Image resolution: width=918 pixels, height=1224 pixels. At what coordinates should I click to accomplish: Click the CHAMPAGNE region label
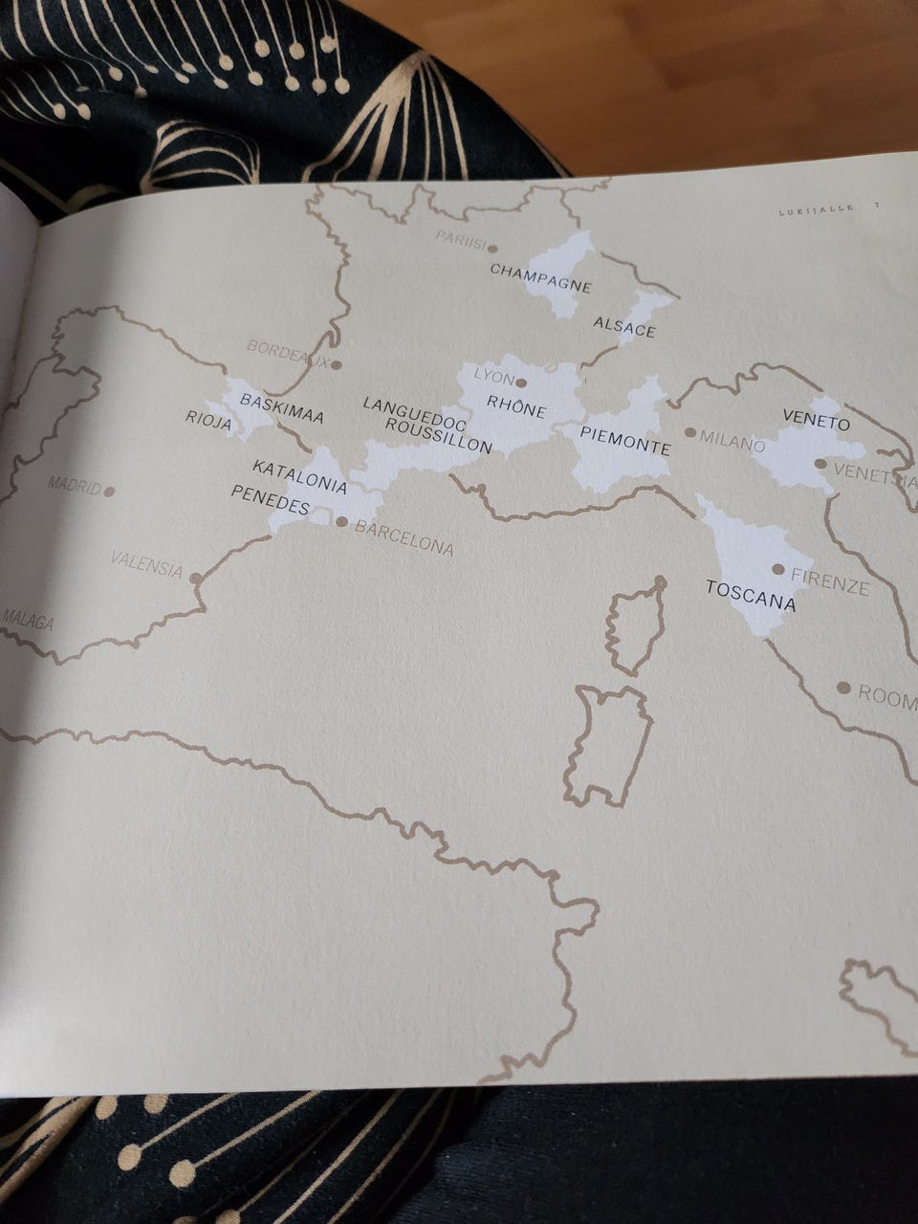[540, 277]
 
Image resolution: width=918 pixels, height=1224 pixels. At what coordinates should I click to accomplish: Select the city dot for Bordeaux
[337, 364]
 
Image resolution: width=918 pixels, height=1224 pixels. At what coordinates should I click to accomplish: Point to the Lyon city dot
[521, 382]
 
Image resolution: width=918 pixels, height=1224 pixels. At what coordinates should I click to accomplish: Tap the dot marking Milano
[690, 432]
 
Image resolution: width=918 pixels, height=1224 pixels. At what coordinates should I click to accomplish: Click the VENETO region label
[816, 420]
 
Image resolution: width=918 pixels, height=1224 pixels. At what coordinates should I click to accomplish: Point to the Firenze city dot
[778, 569]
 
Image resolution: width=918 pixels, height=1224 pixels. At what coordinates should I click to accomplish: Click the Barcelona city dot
[342, 521]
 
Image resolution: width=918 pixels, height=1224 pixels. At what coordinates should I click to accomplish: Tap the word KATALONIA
[299, 475]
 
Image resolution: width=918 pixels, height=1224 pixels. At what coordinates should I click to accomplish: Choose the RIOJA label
[208, 420]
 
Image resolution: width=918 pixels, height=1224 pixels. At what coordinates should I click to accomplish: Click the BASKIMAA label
[281, 408]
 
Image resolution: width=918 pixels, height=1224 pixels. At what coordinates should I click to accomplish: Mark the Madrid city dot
[109, 492]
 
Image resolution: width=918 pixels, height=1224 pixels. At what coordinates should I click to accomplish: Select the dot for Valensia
[196, 578]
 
